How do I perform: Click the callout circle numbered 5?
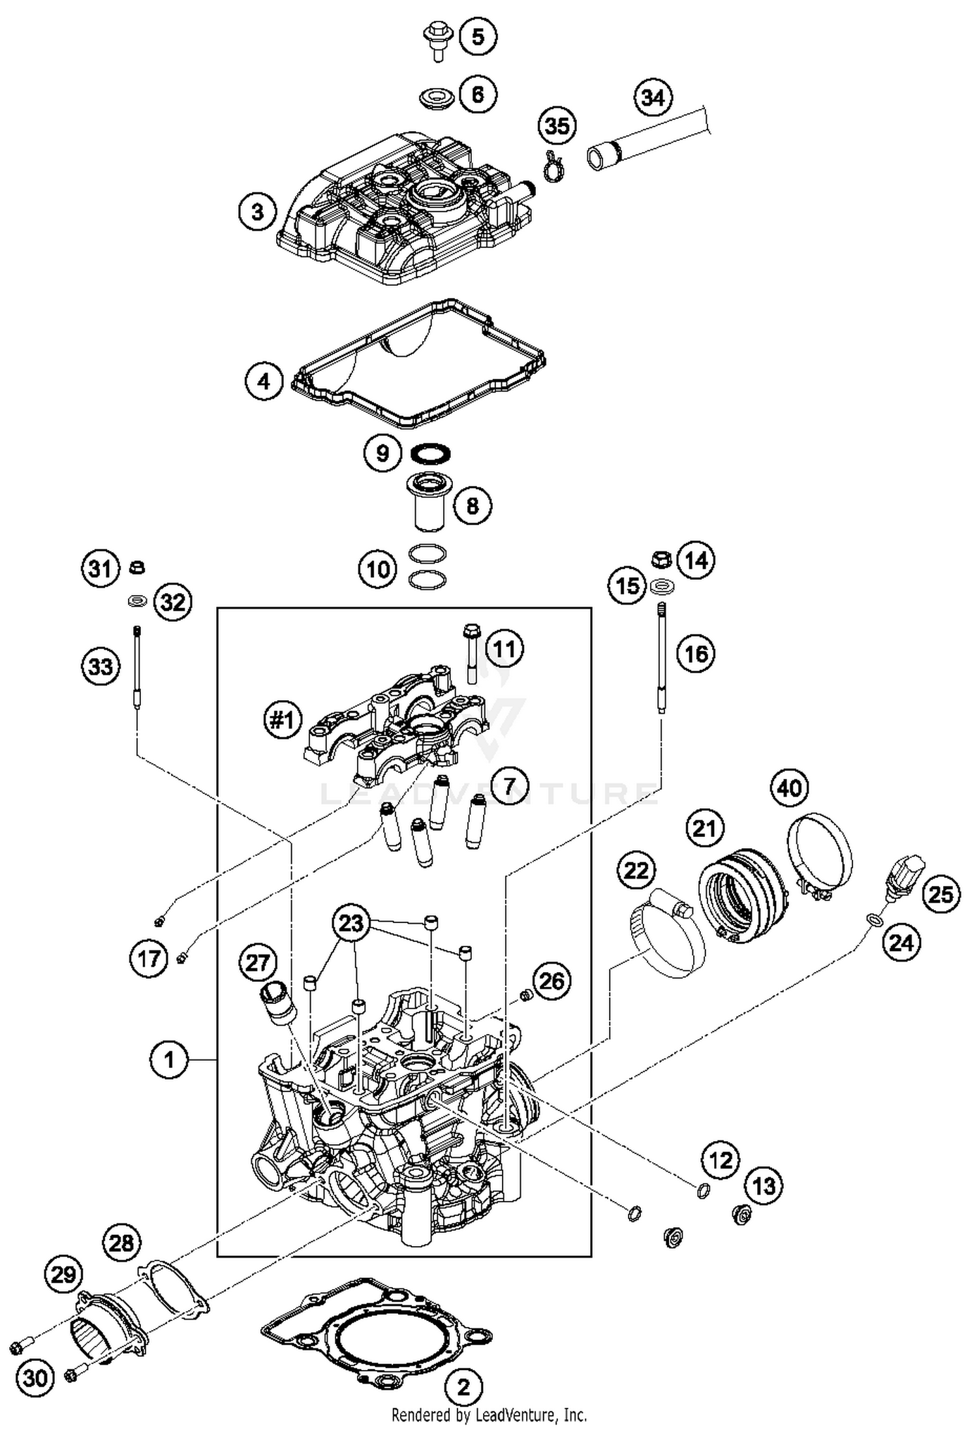[x=478, y=37]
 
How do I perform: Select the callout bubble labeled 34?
[x=653, y=98]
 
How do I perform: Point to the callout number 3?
[x=257, y=212]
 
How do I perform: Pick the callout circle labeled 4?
[x=264, y=380]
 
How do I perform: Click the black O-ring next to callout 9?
[x=431, y=452]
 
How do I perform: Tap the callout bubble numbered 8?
[x=472, y=505]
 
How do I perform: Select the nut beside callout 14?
[x=661, y=558]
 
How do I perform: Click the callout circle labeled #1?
[x=282, y=720]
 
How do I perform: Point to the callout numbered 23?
[x=351, y=923]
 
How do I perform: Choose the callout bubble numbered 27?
[x=258, y=962]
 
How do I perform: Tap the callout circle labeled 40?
[x=789, y=789]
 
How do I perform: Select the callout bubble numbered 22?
[x=636, y=870]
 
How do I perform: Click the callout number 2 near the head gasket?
[x=463, y=1386]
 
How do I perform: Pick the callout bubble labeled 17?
[x=149, y=958]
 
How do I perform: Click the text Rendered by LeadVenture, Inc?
[x=489, y=1416]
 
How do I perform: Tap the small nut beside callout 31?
[x=137, y=566]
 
